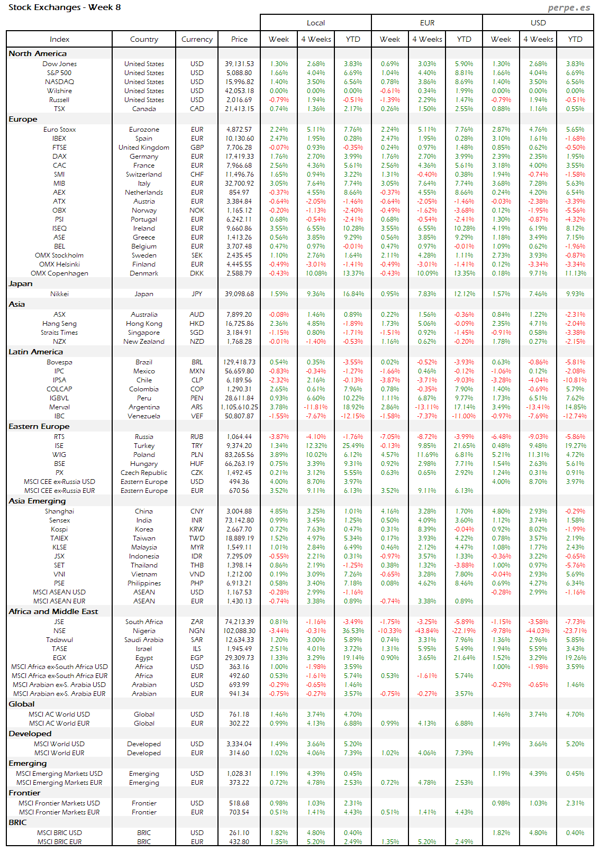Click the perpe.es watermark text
(x=569, y=7)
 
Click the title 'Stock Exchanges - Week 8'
(x=65, y=7)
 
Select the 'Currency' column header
(x=197, y=39)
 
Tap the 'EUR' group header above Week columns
(x=427, y=23)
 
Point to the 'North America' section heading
(x=38, y=53)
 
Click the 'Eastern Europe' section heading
(x=39, y=426)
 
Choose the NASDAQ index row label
(x=59, y=82)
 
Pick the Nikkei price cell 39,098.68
(x=239, y=294)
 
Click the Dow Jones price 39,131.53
(x=239, y=64)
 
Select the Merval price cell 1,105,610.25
(x=239, y=407)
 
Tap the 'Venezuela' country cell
(x=144, y=416)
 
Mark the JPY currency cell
(x=197, y=294)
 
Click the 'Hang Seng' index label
(x=59, y=324)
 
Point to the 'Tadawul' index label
(x=59, y=640)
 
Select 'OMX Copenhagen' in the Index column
(x=59, y=273)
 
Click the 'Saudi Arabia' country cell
(x=144, y=640)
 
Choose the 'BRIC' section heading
(x=17, y=822)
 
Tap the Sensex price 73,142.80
(x=239, y=520)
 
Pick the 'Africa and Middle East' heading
(x=53, y=611)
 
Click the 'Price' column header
(x=239, y=39)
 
